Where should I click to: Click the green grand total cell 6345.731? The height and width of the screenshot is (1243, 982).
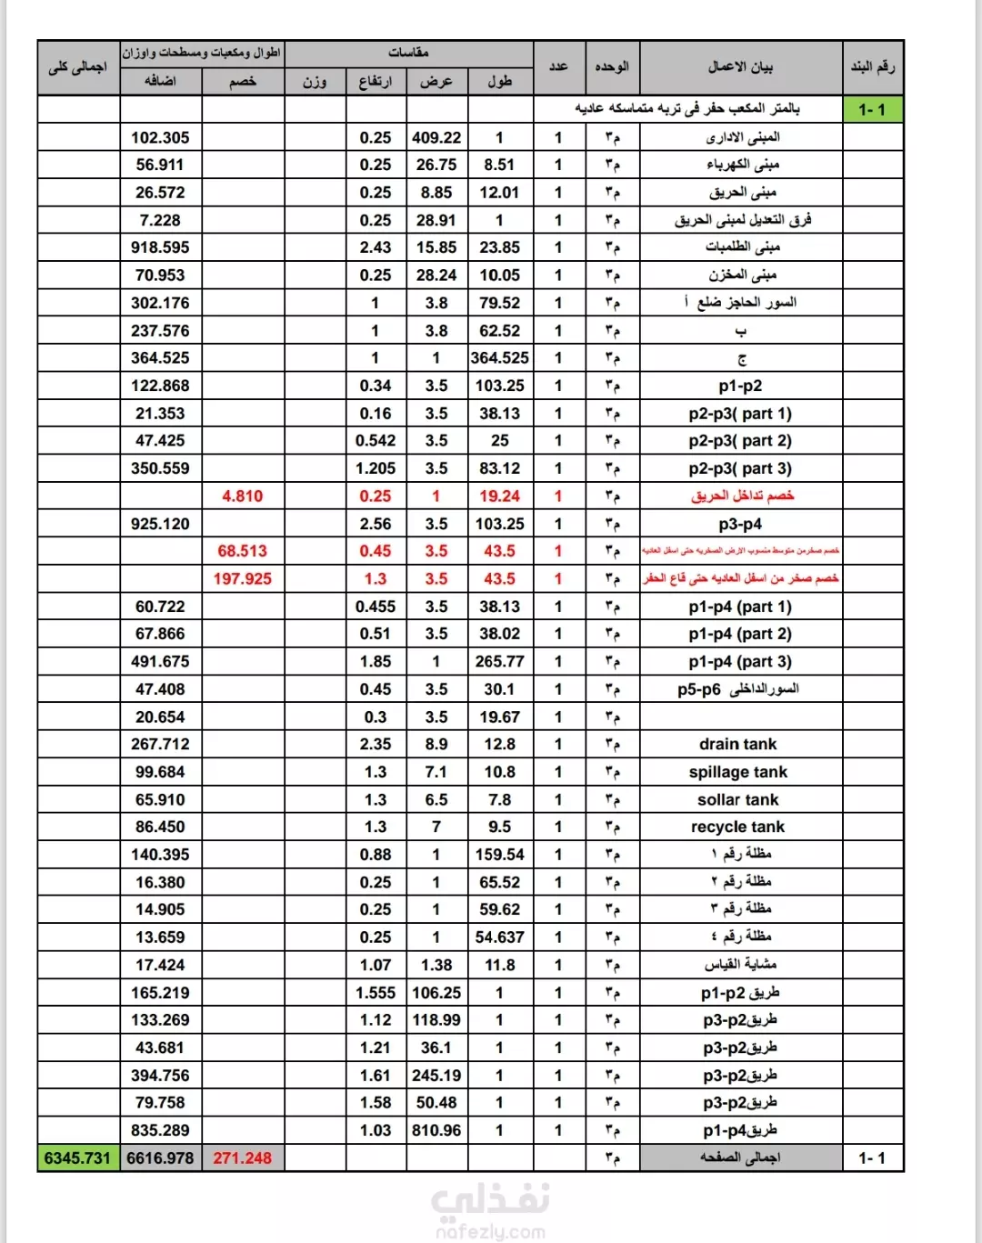pos(77,1158)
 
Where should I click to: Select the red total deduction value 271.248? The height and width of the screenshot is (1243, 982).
pos(242,1158)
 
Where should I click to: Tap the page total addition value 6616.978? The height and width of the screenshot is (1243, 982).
pos(160,1158)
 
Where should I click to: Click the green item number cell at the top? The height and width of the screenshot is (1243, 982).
pos(872,110)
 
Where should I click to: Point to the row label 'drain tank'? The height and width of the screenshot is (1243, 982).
pos(737,744)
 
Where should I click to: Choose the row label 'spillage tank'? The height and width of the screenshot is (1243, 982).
pos(737,772)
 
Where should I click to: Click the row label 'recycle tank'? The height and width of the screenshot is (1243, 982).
pos(737,827)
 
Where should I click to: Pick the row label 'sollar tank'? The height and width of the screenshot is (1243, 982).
pos(737,799)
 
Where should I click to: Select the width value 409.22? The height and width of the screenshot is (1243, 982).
pos(436,137)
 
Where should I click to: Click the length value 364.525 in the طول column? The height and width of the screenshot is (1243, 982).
pos(499,357)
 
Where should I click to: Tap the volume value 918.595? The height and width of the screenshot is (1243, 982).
pos(160,247)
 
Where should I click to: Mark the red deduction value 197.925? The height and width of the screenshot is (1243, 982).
pos(242,578)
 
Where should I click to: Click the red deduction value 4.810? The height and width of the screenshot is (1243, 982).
pos(242,496)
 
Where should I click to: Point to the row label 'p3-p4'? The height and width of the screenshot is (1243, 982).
pos(740,524)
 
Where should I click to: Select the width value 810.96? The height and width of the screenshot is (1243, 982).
pos(436,1130)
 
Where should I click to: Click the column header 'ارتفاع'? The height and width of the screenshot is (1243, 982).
pos(375,82)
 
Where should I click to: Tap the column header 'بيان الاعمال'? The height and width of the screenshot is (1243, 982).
pos(740,66)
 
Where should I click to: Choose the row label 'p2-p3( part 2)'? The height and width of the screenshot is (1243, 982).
pos(740,440)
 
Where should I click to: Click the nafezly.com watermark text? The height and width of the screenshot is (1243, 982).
pos(490,1232)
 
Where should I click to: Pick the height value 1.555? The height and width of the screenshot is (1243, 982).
pos(375,993)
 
